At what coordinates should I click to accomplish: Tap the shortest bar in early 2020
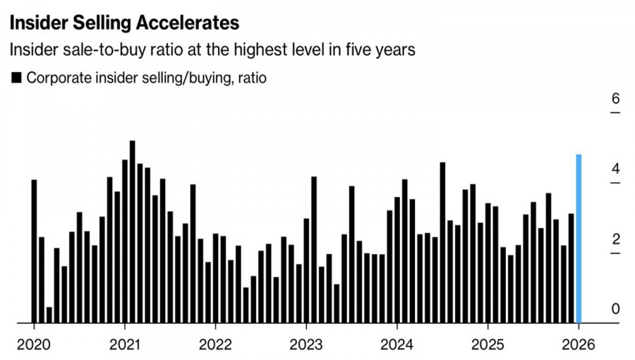click(49, 315)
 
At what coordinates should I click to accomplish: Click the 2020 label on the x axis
click(33, 345)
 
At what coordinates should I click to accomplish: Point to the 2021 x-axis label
click(124, 345)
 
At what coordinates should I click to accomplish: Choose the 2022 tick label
click(214, 345)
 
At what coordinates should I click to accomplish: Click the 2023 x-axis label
click(306, 345)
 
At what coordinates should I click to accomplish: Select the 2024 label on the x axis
click(397, 345)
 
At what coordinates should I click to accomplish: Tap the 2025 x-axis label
click(488, 345)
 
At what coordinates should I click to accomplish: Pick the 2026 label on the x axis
click(579, 345)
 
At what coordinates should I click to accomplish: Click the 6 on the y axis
click(615, 98)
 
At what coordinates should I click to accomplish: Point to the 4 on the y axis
click(615, 169)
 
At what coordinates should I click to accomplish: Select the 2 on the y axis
click(615, 239)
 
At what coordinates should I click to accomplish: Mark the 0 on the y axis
click(615, 309)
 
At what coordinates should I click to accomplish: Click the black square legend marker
click(16, 78)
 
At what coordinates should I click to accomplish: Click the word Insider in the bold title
click(38, 23)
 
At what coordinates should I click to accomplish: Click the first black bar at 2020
click(34, 251)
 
